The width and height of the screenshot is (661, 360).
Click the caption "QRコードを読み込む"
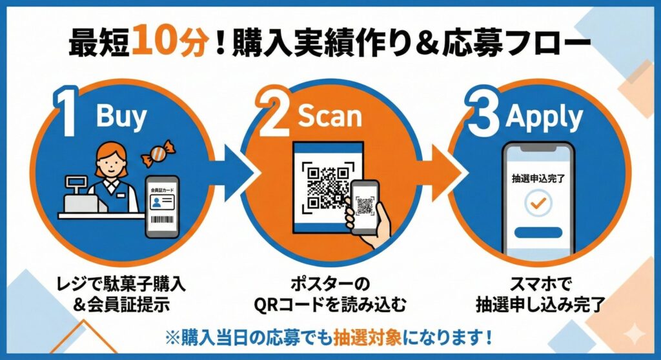coord(332,304)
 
